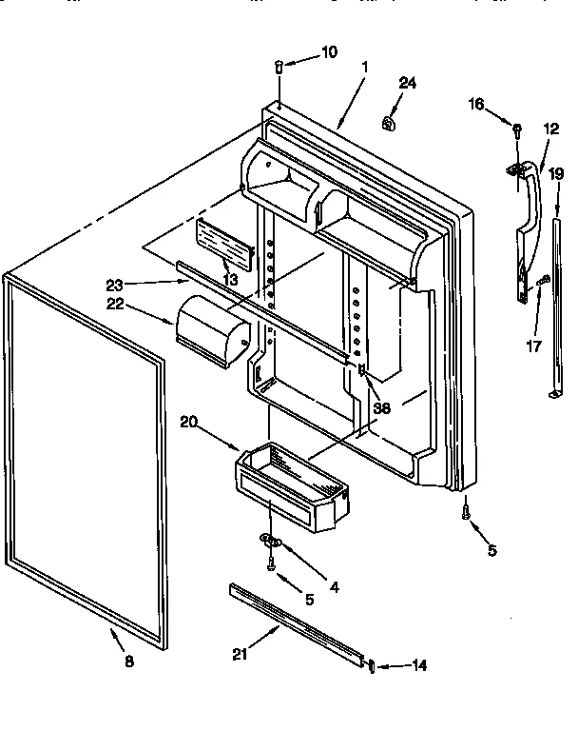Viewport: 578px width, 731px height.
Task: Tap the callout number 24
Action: (x=407, y=84)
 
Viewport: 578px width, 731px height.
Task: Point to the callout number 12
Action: (x=551, y=128)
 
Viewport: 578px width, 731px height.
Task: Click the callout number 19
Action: (x=556, y=174)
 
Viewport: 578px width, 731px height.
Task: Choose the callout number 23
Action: (x=116, y=284)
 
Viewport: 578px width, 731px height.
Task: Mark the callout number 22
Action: (x=116, y=305)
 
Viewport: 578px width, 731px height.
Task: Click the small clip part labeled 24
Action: (x=388, y=122)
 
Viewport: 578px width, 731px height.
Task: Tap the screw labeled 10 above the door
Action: (x=279, y=67)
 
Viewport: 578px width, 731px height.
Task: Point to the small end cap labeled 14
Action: (x=372, y=665)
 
